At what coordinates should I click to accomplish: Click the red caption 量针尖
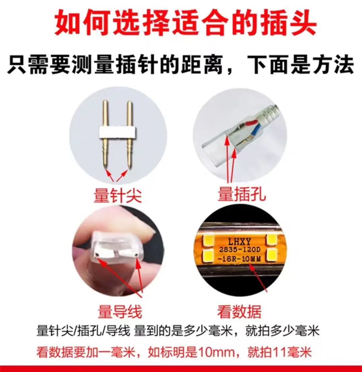118,195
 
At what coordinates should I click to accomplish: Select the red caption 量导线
120,312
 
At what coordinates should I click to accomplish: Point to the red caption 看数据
239,312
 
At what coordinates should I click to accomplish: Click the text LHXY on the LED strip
239,241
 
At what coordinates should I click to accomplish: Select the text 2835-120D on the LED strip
240,249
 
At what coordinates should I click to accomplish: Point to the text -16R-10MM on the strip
239,258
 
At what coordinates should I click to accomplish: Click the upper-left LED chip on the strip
208,240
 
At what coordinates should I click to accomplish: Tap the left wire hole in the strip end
97,255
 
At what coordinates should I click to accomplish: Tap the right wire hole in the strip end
136,255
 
